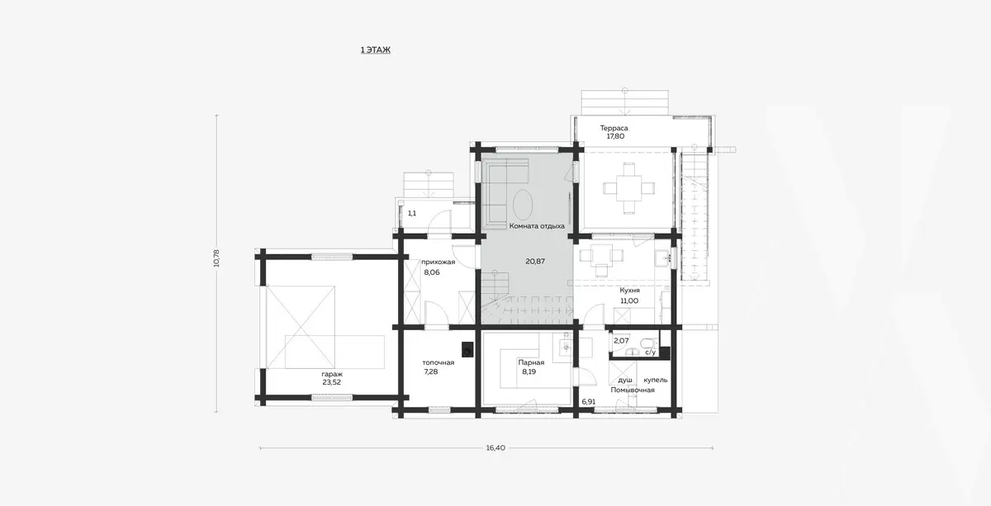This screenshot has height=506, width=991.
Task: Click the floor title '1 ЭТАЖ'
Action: tap(376, 50)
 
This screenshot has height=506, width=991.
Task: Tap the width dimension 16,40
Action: tap(495, 447)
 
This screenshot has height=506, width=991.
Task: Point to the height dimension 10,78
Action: tap(216, 258)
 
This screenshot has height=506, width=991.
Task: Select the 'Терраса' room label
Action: tap(614, 128)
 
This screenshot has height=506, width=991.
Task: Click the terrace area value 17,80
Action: tap(615, 136)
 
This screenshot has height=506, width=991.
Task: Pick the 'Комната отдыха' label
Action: tap(537, 226)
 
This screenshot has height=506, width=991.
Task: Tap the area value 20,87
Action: tap(535, 262)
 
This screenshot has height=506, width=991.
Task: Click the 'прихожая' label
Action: tap(438, 262)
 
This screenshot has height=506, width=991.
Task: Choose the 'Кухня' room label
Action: tap(629, 291)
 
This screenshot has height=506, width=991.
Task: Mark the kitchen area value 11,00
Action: tap(629, 300)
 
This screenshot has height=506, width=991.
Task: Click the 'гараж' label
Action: tap(332, 374)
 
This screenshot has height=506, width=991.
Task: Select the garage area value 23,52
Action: tap(331, 383)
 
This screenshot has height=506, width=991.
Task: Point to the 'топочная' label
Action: tap(438, 362)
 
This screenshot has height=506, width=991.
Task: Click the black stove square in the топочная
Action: tap(467, 349)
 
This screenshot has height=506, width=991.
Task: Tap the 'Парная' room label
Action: tap(531, 362)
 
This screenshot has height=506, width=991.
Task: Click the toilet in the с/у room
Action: tap(648, 343)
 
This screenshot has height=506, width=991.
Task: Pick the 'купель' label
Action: tap(655, 380)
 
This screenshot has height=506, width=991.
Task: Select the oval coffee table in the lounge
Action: tap(523, 205)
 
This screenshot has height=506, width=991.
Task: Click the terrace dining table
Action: tap(629, 188)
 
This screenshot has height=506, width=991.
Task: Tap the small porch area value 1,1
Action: tap(412, 213)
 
